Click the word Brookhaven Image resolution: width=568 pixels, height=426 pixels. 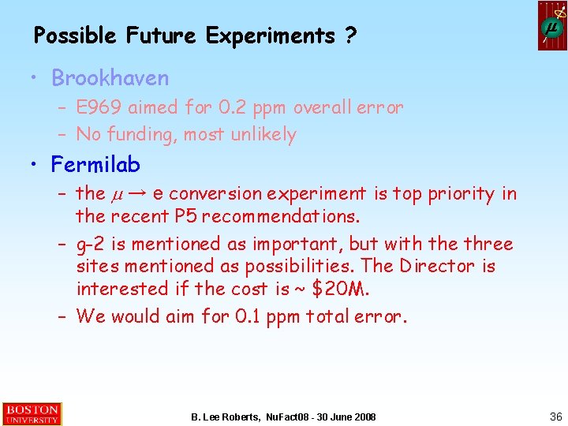110,78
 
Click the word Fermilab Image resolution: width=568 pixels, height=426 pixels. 95,165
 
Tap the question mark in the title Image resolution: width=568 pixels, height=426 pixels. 349,35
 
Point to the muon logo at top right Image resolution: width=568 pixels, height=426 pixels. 552,26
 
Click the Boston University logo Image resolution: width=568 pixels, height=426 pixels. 32,414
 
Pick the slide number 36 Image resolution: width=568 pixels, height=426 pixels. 555,416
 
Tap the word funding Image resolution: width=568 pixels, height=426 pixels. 141,135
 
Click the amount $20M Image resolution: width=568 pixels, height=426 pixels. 340,289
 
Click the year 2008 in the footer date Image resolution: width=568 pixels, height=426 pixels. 364,417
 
